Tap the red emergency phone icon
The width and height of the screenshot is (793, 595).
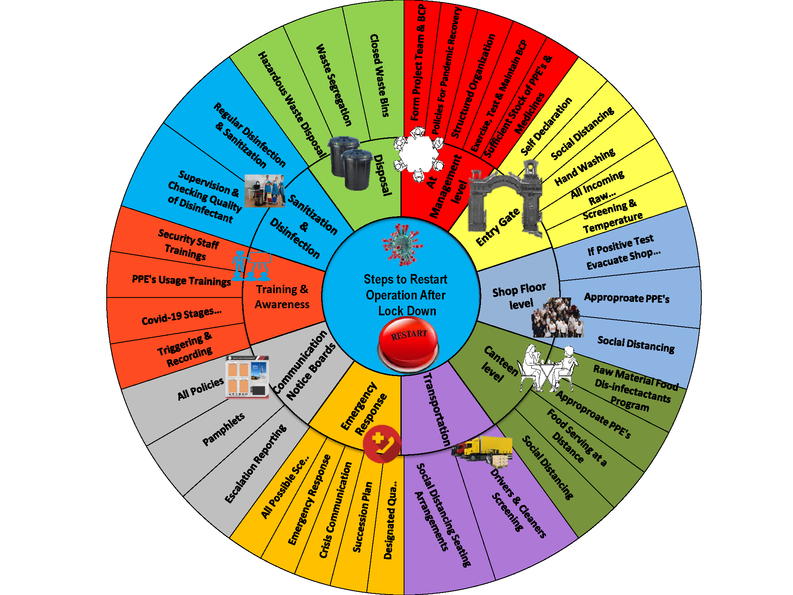pos(381,444)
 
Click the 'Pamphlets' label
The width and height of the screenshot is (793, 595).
pos(224,429)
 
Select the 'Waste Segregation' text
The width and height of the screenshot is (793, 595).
pos(334,85)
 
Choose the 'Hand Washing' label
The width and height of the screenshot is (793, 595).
pos(585,167)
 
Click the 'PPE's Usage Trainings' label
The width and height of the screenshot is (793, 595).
pos(181,280)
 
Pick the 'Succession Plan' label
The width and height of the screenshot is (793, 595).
pos(362,517)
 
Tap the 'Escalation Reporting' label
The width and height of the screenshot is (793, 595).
pos(255,464)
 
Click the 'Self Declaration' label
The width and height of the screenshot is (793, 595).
pos(546,126)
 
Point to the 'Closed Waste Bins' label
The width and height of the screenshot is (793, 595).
pos(379,75)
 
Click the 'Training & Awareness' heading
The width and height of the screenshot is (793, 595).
pos(282,297)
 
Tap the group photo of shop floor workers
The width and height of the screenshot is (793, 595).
pos(557,317)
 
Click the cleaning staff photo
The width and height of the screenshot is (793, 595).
pos(264,191)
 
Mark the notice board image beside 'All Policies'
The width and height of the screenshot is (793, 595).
pos(247,377)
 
